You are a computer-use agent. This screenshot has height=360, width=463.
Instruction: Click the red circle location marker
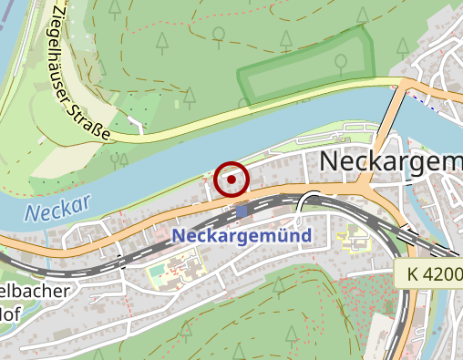coord(232,180)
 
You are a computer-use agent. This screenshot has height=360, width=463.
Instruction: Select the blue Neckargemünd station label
coord(241,235)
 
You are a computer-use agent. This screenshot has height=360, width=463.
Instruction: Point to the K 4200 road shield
coord(429,273)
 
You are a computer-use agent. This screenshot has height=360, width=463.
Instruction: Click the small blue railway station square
coord(241,211)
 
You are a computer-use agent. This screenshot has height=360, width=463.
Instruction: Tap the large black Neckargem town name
coord(392,161)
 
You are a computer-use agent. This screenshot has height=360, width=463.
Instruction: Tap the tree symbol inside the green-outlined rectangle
coord(340,63)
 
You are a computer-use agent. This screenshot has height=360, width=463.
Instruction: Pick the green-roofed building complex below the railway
coord(173,271)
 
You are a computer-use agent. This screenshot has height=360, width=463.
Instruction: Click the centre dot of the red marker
coord(232,180)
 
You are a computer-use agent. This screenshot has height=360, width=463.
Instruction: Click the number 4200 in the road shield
coord(439,273)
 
